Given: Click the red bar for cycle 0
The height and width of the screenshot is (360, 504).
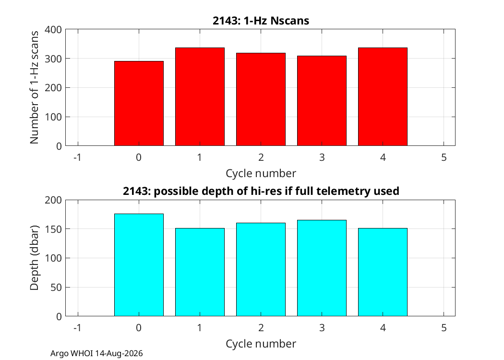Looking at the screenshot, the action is tap(139, 104).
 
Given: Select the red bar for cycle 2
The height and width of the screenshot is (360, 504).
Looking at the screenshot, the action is tap(261, 99).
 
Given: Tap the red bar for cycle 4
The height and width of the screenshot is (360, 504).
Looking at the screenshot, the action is tap(383, 97).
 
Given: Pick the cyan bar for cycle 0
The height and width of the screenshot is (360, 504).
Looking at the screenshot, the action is tap(139, 265).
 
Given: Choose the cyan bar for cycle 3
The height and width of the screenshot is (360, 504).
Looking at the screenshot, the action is tap(322, 268).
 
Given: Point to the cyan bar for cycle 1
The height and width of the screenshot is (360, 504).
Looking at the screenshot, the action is tap(200, 272).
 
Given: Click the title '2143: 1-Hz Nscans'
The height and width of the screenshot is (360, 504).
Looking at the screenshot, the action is tap(261, 21).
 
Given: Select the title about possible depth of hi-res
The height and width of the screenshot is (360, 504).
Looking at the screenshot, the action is tap(261, 191).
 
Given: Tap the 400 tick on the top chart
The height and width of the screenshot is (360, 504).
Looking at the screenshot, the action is tap(53, 30).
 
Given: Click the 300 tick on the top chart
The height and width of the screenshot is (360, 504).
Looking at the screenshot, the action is tap(53, 59).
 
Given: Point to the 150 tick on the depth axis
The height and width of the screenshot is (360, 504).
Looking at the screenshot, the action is tap(53, 229).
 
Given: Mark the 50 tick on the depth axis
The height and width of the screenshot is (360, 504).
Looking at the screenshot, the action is tap(56, 288).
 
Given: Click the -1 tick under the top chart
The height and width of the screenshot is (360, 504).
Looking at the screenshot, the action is tap(77, 157).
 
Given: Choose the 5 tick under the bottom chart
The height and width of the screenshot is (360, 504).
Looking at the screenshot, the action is tap(444, 327).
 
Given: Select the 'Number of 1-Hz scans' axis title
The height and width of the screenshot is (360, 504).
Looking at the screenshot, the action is tap(34, 87).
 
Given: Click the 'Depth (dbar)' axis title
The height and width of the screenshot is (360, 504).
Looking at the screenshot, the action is tap(34, 258).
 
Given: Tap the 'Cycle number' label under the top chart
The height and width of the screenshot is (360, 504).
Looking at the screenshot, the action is tap(261, 173).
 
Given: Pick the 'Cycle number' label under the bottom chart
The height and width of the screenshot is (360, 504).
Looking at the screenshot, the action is tap(261, 344).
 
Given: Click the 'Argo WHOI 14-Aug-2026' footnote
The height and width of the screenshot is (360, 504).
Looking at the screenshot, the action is tap(96, 354).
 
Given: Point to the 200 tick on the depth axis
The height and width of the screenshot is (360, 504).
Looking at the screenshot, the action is tap(53, 200).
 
